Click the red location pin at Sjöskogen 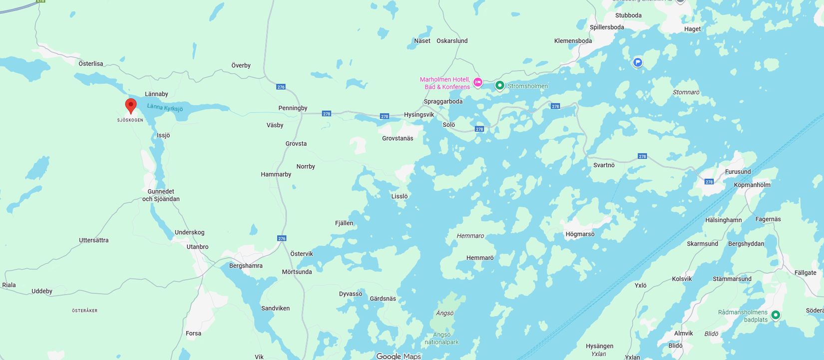[x=131, y=105]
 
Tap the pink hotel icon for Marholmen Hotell [x=478, y=82]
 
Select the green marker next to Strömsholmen [x=499, y=85]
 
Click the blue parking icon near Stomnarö [x=638, y=62]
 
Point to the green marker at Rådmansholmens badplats [x=776, y=315]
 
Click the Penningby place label [x=293, y=108]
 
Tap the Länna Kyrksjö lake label [x=165, y=108]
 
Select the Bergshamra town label [x=246, y=266]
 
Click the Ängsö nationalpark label [x=441, y=339]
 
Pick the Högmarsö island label [x=580, y=234]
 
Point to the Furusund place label [x=738, y=172]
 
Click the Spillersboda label [x=607, y=27]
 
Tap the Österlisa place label [x=91, y=63]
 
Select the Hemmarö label [x=480, y=258]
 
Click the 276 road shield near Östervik [x=282, y=238]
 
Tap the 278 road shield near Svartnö [x=642, y=156]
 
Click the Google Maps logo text [x=399, y=356]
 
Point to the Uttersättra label [x=93, y=240]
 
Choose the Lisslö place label [x=400, y=196]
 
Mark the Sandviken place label [x=275, y=308]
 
